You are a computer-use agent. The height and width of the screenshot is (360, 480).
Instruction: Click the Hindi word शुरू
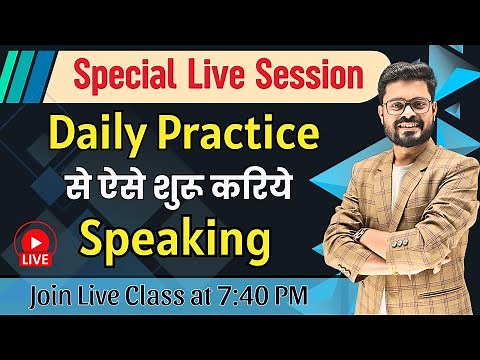[193, 187]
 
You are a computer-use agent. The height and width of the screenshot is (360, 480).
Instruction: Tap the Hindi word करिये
[266, 187]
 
